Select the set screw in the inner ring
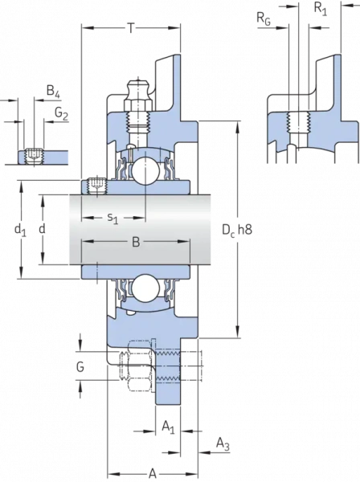coord(97,187)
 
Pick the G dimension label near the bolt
coord(80,366)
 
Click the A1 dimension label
coord(166,427)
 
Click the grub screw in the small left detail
coord(34,155)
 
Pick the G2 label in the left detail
coord(61,114)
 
